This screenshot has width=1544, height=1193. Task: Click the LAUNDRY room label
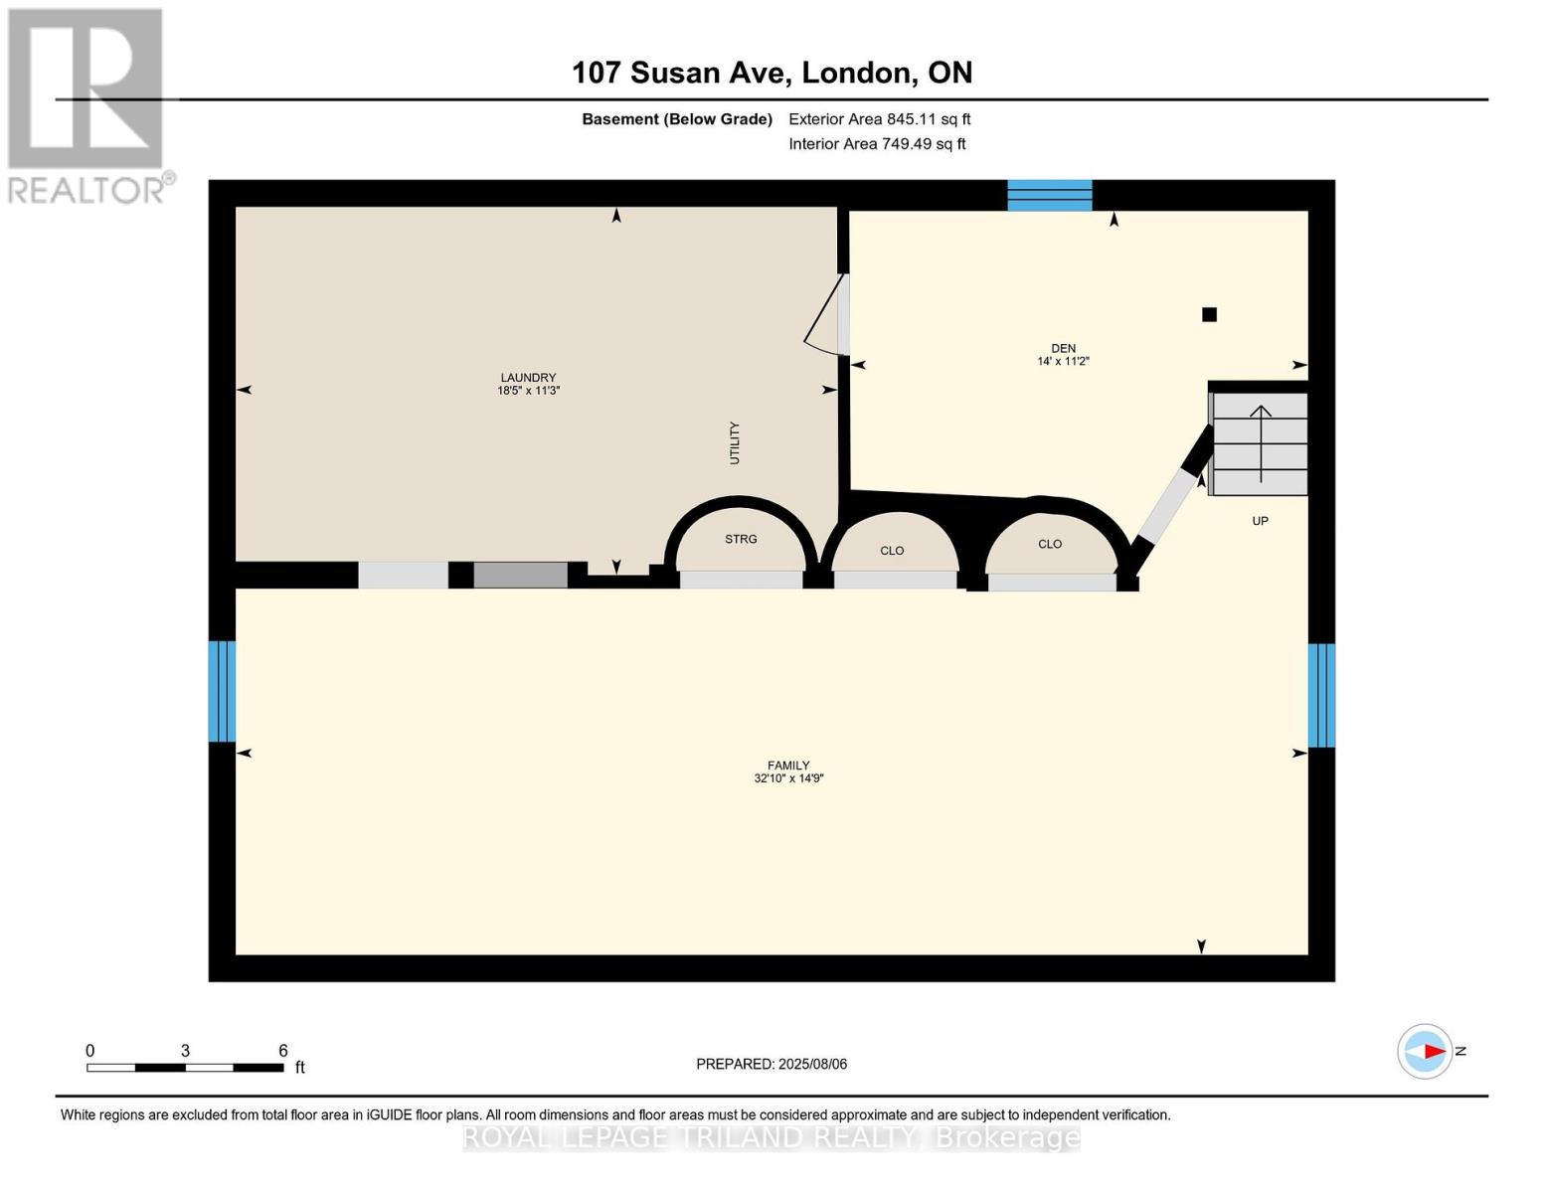[528, 378]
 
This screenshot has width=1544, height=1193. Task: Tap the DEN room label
[1063, 348]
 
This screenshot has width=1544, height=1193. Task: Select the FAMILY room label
[787, 766]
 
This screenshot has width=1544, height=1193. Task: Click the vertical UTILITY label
[735, 443]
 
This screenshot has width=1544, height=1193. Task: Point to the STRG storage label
[741, 539]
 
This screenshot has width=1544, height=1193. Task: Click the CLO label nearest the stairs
[1050, 544]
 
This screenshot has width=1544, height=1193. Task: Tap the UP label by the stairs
[1260, 521]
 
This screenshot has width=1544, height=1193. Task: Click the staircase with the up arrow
[1259, 443]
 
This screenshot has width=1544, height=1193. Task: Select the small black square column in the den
[1209, 315]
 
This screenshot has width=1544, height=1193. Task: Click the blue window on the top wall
[1050, 195]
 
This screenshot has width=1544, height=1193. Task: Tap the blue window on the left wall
[222, 691]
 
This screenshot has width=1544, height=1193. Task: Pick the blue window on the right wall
[1321, 695]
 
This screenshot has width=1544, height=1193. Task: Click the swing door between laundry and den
[828, 316]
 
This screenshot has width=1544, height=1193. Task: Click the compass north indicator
[1426, 1051]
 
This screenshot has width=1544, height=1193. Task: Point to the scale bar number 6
[282, 1051]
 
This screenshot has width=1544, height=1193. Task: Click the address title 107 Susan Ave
[772, 73]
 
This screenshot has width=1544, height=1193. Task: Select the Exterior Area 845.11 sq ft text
[879, 119]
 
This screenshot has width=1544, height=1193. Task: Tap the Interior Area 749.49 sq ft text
[877, 144]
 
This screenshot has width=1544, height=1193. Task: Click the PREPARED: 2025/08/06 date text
[772, 1064]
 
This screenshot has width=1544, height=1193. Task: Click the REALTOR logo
[87, 104]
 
